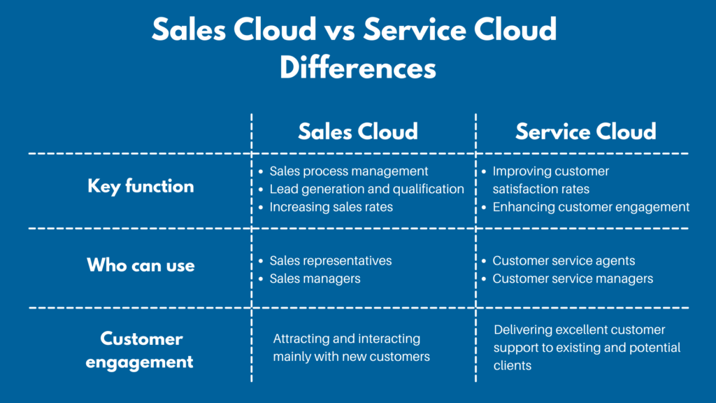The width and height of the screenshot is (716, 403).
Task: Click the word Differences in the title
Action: pyautogui.click(x=358, y=68)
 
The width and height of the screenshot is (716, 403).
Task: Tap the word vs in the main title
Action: pyautogui.click(x=339, y=29)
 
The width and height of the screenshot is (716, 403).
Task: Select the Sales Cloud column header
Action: pyautogui.click(x=358, y=132)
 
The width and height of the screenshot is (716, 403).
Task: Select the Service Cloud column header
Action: pyautogui.click(x=586, y=132)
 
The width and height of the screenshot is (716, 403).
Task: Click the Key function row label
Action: pyautogui.click(x=141, y=186)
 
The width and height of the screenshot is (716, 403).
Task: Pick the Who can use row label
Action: pyautogui.click(x=141, y=265)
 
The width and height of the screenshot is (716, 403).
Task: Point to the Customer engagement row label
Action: pyautogui.click(x=140, y=350)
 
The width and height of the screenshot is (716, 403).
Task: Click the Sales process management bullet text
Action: pyautogui.click(x=349, y=171)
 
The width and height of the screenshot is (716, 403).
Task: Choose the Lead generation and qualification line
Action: pyautogui.click(x=366, y=189)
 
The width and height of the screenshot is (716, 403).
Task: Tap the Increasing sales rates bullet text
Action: pyautogui.click(x=331, y=207)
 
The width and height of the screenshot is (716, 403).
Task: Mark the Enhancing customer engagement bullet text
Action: pyautogui.click(x=591, y=207)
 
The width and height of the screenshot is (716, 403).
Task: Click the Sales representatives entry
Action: pyautogui.click(x=331, y=260)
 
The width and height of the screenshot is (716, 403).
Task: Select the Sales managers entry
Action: pyautogui.click(x=315, y=278)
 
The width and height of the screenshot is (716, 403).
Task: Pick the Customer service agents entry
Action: pyautogui.click(x=564, y=260)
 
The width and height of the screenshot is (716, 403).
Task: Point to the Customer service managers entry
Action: pyautogui.click(x=573, y=278)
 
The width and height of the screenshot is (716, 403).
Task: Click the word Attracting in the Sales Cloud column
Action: pyautogui.click(x=301, y=339)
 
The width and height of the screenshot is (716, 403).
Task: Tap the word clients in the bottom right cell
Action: pyautogui.click(x=513, y=365)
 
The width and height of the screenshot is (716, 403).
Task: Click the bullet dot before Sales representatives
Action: pyautogui.click(x=261, y=261)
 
